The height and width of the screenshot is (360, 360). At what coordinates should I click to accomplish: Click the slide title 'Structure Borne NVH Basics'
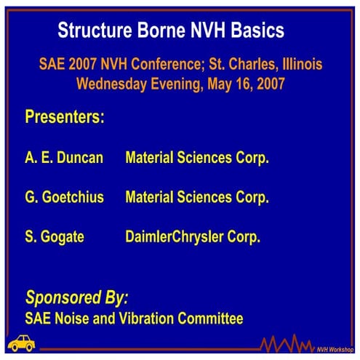coord(171,31)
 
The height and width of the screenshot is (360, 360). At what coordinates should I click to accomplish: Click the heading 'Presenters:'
coord(65,117)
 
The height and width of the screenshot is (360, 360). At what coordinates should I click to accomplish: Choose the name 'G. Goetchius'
coord(65,197)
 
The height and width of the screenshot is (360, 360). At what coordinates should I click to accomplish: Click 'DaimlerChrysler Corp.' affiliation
coord(193,236)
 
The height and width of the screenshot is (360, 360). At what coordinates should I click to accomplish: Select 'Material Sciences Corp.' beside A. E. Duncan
coord(197,158)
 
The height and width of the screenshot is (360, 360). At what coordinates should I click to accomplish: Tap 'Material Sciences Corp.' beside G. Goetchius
coord(197,197)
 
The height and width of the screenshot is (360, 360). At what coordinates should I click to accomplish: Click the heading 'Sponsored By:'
coord(77,297)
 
